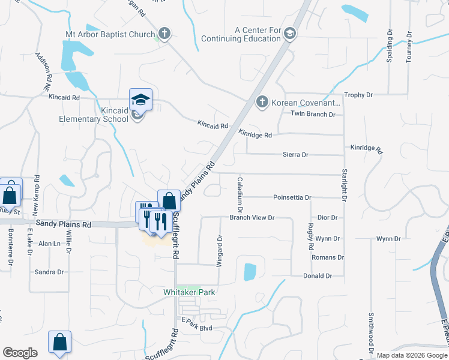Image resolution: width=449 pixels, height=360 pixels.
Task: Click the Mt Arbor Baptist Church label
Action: click(110, 34)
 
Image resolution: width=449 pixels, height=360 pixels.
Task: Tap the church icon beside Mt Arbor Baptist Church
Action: click(165, 34)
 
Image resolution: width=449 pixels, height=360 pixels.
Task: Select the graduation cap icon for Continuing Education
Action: click(291, 32)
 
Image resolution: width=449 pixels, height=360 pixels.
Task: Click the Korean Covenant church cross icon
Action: click(262, 103)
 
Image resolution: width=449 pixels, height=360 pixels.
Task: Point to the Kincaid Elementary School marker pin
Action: click(141, 100)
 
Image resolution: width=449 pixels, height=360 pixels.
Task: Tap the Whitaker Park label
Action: click(190, 292)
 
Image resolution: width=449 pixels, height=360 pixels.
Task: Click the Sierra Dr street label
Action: click(295, 155)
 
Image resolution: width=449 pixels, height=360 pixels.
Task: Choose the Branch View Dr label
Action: click(252, 218)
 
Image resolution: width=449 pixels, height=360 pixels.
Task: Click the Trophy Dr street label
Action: click(358, 95)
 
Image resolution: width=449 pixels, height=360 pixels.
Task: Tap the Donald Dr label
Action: click(318, 276)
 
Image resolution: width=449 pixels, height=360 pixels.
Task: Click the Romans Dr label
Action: click(328, 257)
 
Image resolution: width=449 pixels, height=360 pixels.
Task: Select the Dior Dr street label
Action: click(328, 218)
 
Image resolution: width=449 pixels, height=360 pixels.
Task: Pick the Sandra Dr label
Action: click(49, 272)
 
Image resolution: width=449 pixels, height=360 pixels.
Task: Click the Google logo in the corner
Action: click(20, 353)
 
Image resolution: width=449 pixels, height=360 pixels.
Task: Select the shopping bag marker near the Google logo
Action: click(60, 343)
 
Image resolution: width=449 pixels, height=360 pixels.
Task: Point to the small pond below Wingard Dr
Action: click(250, 271)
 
